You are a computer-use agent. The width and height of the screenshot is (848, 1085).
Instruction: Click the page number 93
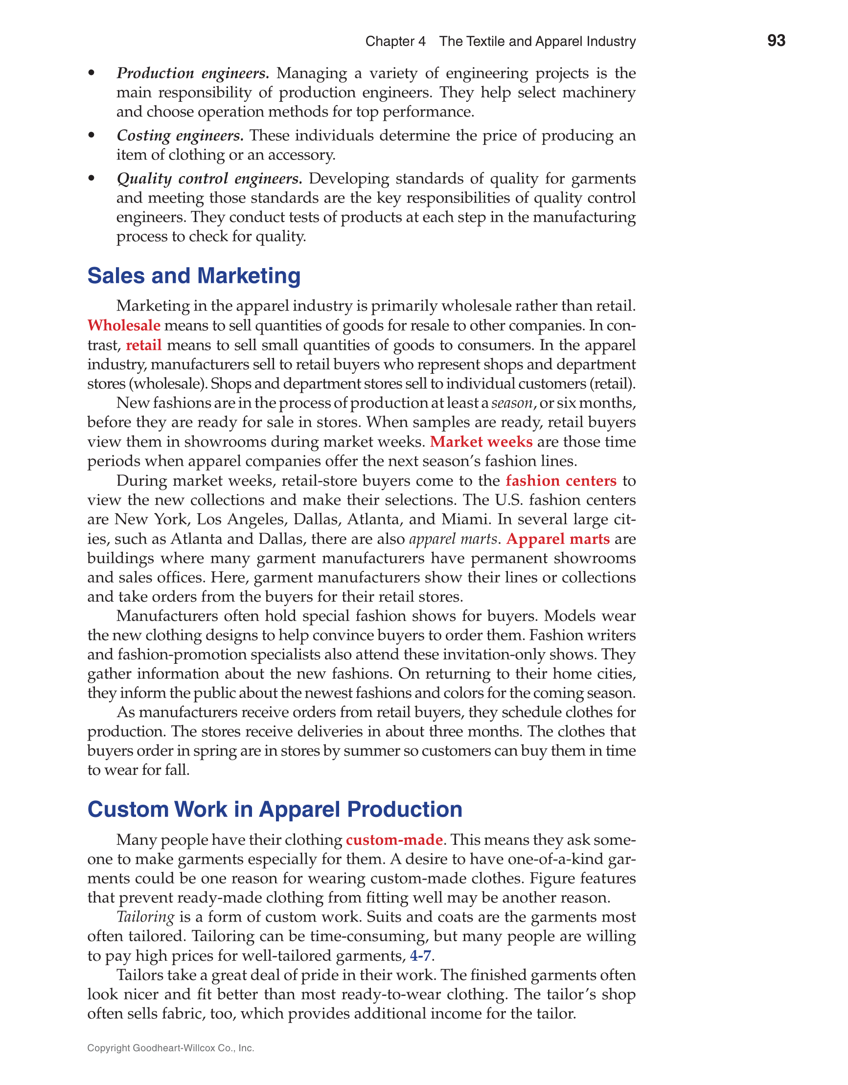point(776,40)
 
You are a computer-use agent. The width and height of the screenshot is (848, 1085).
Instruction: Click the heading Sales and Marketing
point(194,276)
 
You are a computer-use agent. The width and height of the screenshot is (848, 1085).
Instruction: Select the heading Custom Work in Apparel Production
point(275,809)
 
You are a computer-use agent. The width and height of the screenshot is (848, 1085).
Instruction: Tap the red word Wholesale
point(124,325)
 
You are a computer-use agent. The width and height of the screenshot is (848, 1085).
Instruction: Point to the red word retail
point(144,345)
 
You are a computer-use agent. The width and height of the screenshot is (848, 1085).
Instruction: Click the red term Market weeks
point(481,442)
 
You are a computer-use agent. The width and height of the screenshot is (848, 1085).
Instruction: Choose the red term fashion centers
point(561,480)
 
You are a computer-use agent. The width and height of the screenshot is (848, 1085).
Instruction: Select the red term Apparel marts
point(558,539)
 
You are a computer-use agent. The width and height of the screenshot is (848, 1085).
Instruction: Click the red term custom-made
point(394,839)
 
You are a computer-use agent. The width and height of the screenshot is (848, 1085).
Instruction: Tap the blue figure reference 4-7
point(420,955)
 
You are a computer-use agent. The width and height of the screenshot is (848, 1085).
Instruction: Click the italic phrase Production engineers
point(193,73)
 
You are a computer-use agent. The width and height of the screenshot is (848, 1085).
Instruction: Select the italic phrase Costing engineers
point(180,136)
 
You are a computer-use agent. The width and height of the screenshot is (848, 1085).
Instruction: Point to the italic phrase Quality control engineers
point(209,179)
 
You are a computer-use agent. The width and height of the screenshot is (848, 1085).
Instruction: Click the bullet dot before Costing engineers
point(91,135)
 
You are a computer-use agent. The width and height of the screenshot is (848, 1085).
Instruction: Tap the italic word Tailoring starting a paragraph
point(145,917)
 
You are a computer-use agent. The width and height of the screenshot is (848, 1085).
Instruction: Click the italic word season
point(512,403)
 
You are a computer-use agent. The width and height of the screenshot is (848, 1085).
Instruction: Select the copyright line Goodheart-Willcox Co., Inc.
point(170,1048)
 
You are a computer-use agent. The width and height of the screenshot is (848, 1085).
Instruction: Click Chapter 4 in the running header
point(395,41)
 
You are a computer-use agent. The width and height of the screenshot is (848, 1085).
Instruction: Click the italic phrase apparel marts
point(452,539)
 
